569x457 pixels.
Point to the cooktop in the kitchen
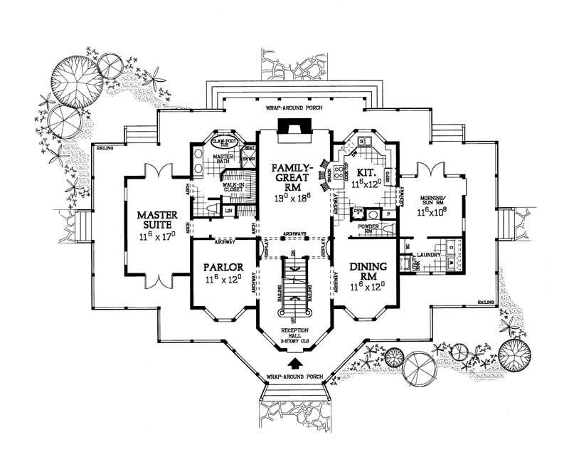[339, 172]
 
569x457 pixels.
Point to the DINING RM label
[368, 271]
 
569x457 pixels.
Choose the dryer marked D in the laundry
[454, 246]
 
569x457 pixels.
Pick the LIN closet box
[229, 211]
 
